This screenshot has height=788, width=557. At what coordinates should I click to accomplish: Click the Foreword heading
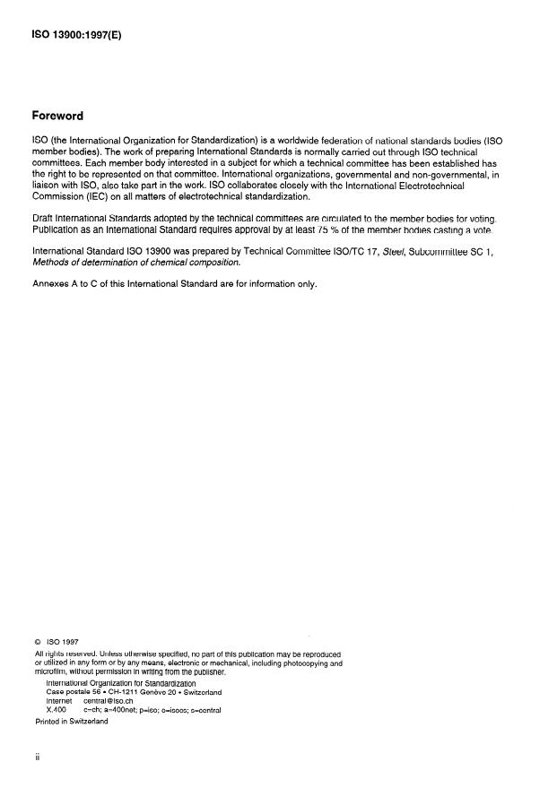click(58, 116)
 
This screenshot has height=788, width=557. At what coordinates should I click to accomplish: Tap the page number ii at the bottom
click(38, 757)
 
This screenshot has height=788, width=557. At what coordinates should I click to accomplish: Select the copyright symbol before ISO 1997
click(37, 642)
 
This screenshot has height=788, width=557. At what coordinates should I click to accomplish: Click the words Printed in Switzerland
click(72, 720)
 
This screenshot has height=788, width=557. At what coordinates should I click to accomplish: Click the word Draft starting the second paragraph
click(44, 219)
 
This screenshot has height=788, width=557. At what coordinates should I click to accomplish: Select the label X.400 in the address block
click(57, 710)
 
